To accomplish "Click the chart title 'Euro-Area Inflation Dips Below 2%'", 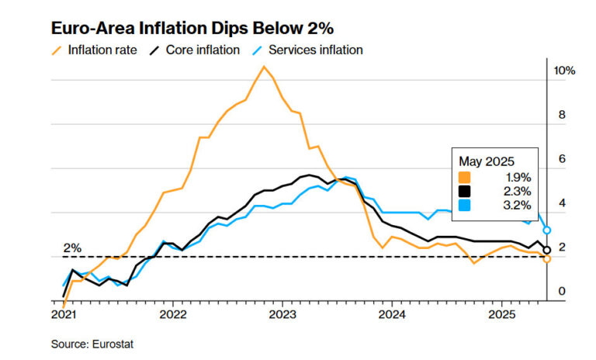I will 192,29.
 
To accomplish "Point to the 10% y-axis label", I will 564,71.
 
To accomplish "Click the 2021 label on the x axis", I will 63,314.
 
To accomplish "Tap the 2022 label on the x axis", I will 173,314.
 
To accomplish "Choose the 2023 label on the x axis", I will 282,314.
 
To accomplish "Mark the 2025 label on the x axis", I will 501,314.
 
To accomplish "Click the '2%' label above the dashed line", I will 72,248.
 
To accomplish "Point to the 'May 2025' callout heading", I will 487,161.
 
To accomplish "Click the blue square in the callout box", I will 465,205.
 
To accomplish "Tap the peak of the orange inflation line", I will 264,67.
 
